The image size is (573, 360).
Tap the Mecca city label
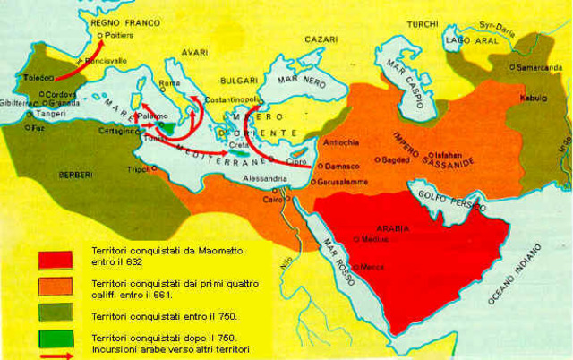click(374, 267)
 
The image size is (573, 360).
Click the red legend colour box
click(55, 258)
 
